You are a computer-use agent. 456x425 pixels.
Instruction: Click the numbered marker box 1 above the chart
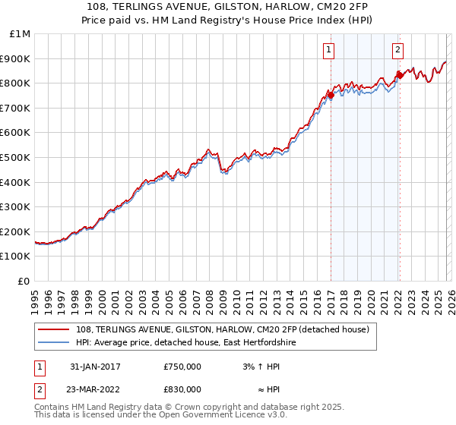point(328,50)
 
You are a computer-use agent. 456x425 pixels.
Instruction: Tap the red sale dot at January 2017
point(331,95)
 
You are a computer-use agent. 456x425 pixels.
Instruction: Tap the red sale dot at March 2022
point(400,75)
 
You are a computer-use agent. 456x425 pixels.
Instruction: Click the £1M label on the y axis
point(21,33)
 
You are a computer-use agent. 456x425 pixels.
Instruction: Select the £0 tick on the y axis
point(24,281)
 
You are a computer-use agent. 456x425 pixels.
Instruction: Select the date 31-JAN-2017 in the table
point(94,367)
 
